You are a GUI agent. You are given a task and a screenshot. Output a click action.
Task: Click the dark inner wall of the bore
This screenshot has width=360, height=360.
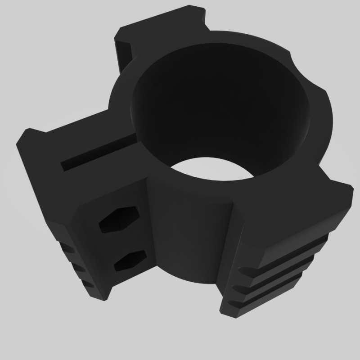click(x=216, y=103)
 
